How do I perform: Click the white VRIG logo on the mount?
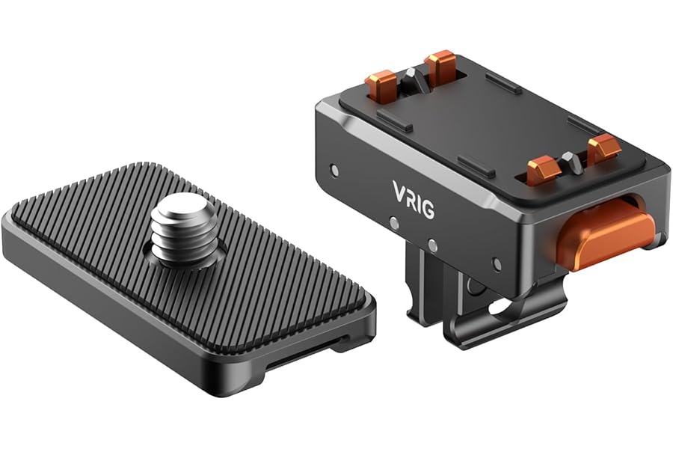(414, 199)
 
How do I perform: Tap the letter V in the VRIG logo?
(399, 190)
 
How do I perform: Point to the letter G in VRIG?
(428, 209)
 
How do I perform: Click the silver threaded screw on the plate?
(181, 232)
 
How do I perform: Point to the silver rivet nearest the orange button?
(497, 264)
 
